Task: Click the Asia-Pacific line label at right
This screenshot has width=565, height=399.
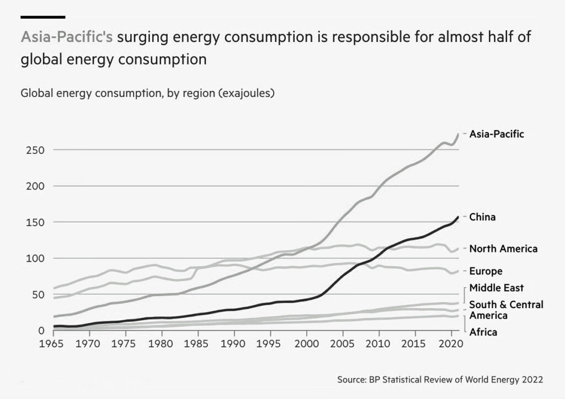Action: click(497, 134)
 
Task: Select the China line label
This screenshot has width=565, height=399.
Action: click(482, 217)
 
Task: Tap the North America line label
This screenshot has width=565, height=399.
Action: click(503, 249)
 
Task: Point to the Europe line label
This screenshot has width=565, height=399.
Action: click(486, 271)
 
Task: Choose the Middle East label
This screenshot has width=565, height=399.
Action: click(497, 288)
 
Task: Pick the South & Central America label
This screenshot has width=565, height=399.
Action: click(506, 310)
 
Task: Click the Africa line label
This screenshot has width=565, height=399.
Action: click(483, 332)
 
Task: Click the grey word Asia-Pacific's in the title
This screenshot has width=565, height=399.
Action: click(67, 37)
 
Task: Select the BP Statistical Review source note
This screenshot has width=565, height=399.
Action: click(440, 380)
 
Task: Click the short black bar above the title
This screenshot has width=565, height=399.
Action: click(42, 17)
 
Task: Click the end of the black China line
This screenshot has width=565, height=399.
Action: click(458, 217)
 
